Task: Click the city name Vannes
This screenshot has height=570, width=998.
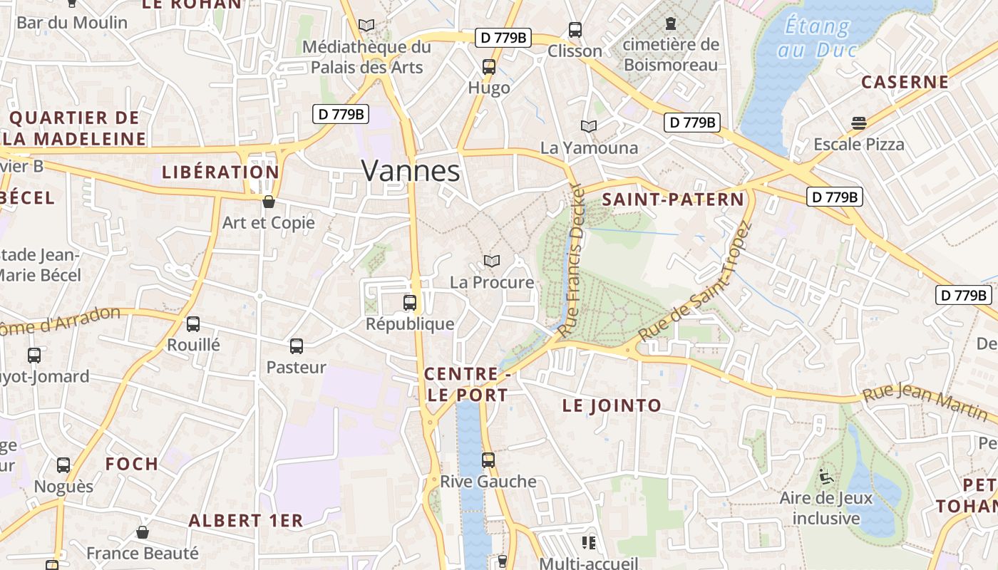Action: (x=411, y=171)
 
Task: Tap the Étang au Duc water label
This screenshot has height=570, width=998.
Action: (x=817, y=38)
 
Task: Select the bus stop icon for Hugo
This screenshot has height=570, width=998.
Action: (x=488, y=67)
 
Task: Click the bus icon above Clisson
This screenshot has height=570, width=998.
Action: (x=575, y=30)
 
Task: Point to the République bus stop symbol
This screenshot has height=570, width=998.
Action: (x=410, y=302)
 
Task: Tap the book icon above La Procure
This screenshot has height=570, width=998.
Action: (x=492, y=261)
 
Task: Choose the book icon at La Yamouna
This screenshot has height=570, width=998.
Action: (x=588, y=126)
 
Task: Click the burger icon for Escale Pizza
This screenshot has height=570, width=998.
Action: (x=859, y=123)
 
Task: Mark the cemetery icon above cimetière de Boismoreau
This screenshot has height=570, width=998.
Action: (x=670, y=24)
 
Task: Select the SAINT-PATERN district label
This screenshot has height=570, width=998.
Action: (x=673, y=199)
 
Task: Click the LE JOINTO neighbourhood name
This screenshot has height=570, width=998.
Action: (x=612, y=406)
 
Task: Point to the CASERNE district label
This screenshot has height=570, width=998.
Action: (x=905, y=82)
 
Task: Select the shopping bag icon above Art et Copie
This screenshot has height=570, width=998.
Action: (x=269, y=202)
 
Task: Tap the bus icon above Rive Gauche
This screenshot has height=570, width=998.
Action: (x=488, y=460)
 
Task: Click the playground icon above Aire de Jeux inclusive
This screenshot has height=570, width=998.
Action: (x=826, y=477)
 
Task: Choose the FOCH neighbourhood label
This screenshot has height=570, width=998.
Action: (x=132, y=464)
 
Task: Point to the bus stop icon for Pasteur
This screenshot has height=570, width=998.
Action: (x=297, y=346)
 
